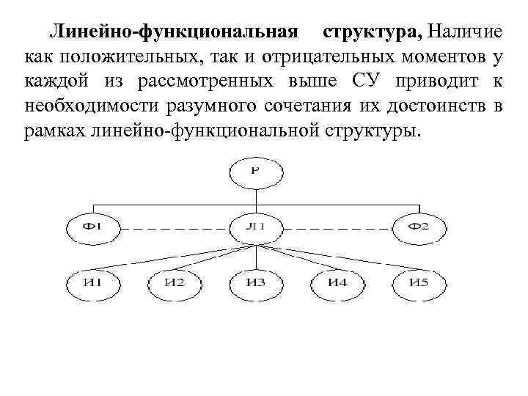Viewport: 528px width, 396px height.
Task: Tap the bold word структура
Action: [372, 32]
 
